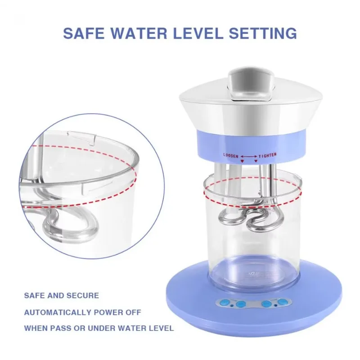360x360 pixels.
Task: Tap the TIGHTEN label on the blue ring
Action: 268,155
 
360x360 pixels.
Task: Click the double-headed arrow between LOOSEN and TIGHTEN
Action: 249,155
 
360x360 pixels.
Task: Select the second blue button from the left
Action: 240,304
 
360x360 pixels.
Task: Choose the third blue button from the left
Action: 267,304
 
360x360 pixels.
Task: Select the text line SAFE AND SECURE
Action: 61,296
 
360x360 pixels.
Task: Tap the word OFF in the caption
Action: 132,312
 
